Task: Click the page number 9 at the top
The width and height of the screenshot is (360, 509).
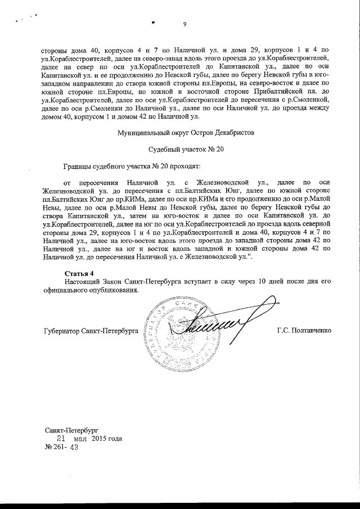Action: tap(184, 23)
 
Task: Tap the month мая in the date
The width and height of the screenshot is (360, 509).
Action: tap(82, 439)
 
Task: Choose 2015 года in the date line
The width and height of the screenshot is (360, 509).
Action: tap(106, 439)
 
